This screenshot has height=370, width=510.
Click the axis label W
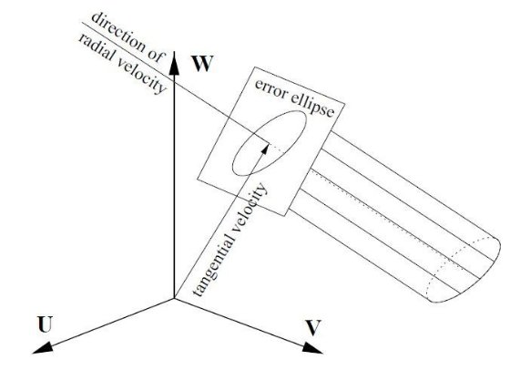[x=202, y=64]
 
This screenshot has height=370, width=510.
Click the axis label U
[x=45, y=324]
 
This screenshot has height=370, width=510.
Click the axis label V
[x=313, y=328]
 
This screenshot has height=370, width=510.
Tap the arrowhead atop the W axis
[x=174, y=63]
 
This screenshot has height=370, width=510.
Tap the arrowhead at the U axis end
[x=43, y=347]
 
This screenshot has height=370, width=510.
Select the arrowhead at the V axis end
[x=312, y=348]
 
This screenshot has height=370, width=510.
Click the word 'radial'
[x=96, y=47]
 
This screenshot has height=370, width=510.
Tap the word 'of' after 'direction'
[x=155, y=56]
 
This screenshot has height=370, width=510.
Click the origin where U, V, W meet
[x=174, y=298]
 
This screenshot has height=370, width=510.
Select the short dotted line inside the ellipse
[x=277, y=148]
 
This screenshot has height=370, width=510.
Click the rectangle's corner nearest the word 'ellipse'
[x=345, y=104]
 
